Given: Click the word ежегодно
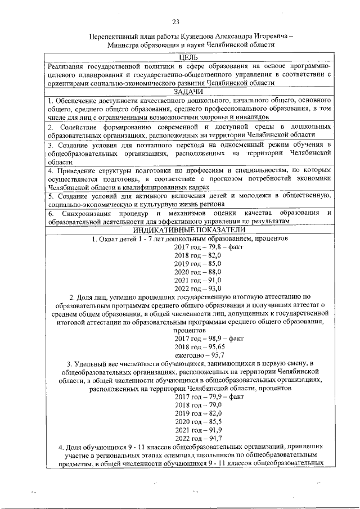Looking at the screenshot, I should [x=190, y=355].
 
